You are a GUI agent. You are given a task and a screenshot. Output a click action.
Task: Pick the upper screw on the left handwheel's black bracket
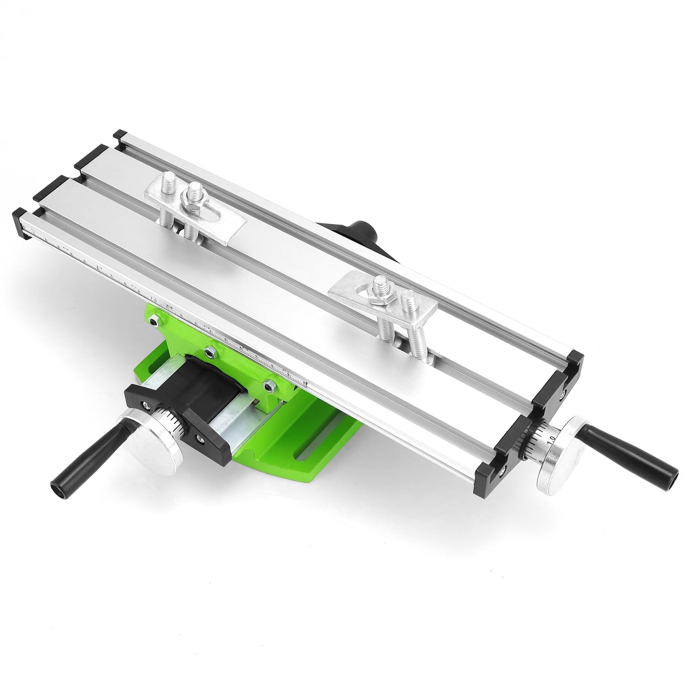click(x=146, y=404)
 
